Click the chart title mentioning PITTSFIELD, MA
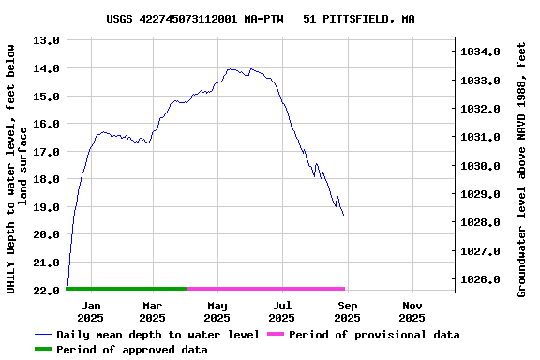(261, 19)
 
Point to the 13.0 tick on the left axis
(46, 40)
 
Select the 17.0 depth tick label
(46, 151)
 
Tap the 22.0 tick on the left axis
(46, 291)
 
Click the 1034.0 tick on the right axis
(483, 52)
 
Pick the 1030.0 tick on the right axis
(483, 166)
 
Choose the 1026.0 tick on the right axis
(483, 279)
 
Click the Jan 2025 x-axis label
(91, 311)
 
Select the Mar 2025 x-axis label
(153, 311)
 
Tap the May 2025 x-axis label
(217, 311)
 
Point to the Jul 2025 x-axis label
(282, 311)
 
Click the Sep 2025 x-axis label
(348, 311)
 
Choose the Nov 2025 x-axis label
(412, 311)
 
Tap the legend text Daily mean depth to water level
(157, 335)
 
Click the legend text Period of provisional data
(374, 335)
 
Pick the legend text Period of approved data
(131, 350)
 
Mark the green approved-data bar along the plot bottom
(127, 289)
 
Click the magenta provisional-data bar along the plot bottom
(266, 289)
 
